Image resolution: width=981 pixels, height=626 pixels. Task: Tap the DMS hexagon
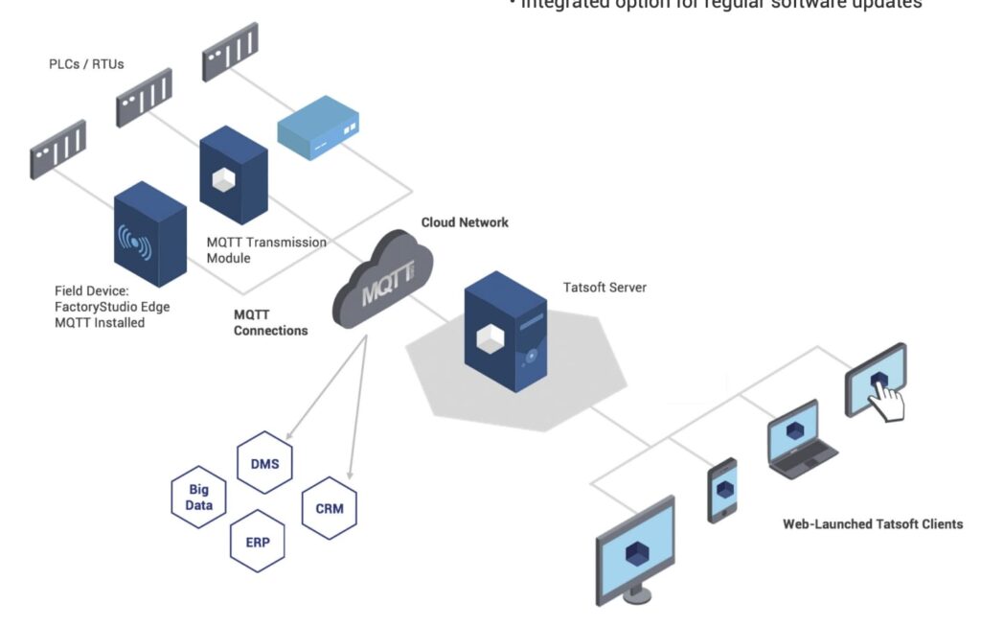pyautogui.click(x=264, y=463)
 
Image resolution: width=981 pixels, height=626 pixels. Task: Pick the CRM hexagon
pyautogui.click(x=329, y=508)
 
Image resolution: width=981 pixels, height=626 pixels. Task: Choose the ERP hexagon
pyautogui.click(x=258, y=542)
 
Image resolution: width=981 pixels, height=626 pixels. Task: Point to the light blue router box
pyautogui.click(x=317, y=135)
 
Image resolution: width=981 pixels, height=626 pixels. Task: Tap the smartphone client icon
pyautogui.click(x=722, y=490)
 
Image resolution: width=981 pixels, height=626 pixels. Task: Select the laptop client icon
pyautogui.click(x=794, y=439)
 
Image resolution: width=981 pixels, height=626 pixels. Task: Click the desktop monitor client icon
pyautogui.click(x=635, y=550)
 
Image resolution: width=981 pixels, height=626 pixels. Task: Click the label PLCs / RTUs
pyautogui.click(x=86, y=64)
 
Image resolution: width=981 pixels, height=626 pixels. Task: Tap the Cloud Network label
pyautogui.click(x=465, y=222)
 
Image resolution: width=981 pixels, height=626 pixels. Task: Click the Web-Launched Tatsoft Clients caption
pyautogui.click(x=873, y=523)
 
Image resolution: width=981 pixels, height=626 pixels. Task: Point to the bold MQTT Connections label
pyautogui.click(x=271, y=322)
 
